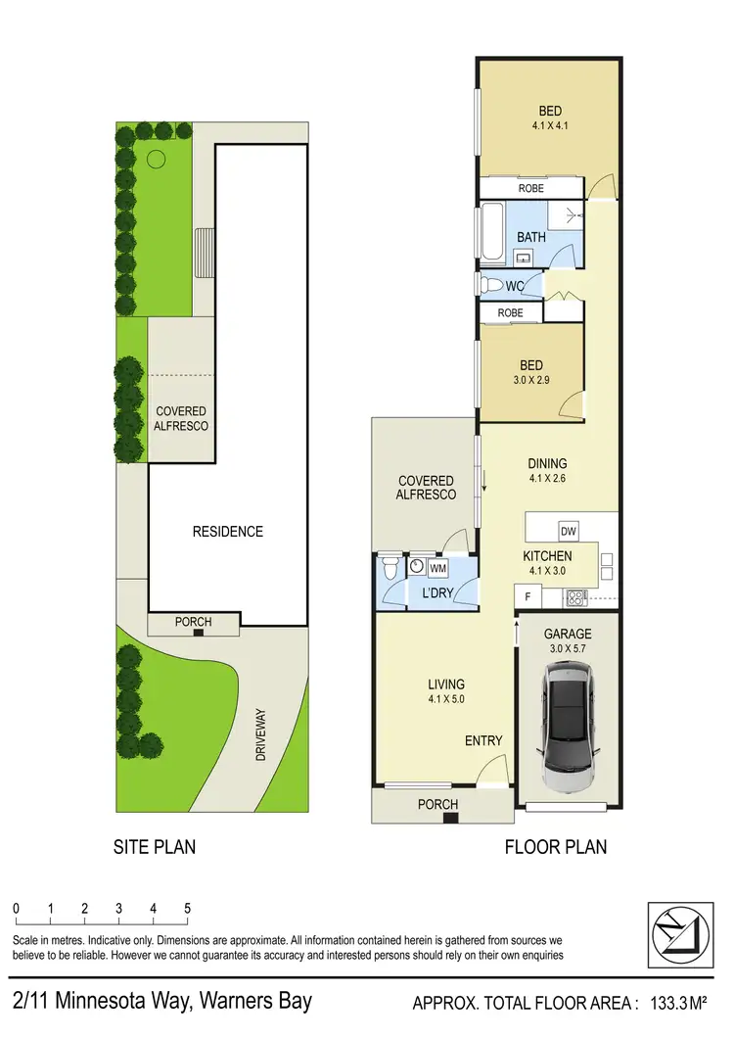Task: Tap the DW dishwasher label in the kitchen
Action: coord(568,532)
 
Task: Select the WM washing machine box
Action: coord(437,567)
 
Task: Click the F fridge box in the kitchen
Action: coord(526,595)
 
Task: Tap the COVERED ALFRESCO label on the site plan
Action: coord(181,418)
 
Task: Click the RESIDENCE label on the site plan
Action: coord(227,532)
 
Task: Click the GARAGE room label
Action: coord(568,634)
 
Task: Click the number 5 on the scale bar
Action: coord(187,908)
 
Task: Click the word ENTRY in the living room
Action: coord(483,741)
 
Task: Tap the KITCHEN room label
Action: coord(547,555)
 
